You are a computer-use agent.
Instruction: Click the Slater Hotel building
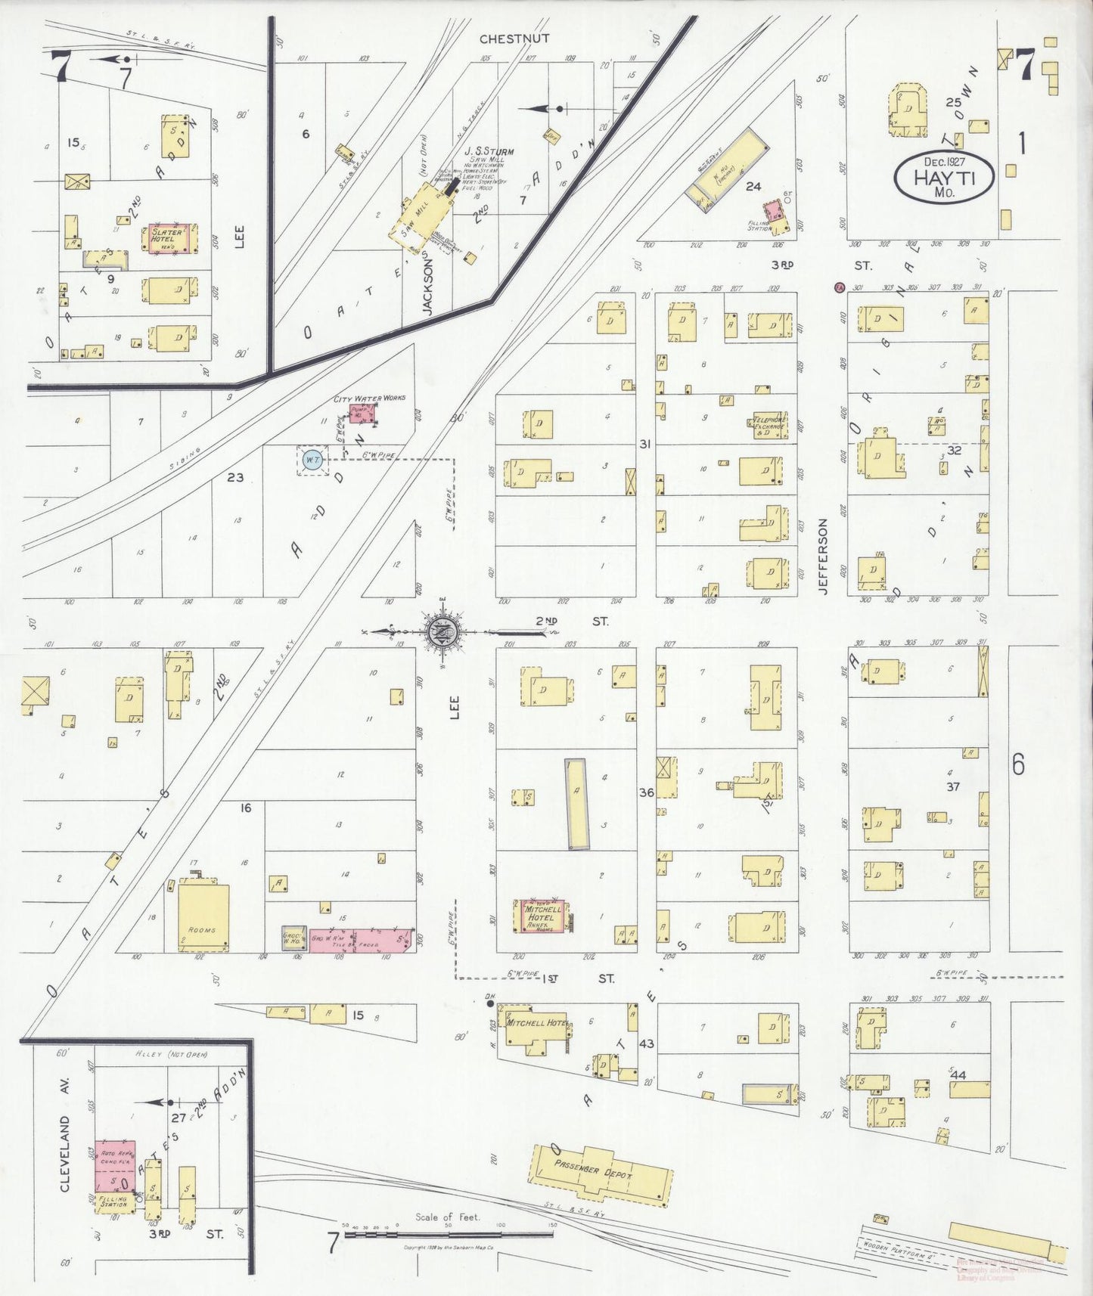[x=170, y=237]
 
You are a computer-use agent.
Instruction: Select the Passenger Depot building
[x=602, y=1171]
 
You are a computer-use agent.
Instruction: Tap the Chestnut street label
[x=514, y=39]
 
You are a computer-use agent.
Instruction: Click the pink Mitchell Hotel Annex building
[x=539, y=916]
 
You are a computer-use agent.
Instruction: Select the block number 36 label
[x=646, y=792]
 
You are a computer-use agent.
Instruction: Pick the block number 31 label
[x=644, y=444]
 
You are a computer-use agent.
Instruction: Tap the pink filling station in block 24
[x=772, y=209]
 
